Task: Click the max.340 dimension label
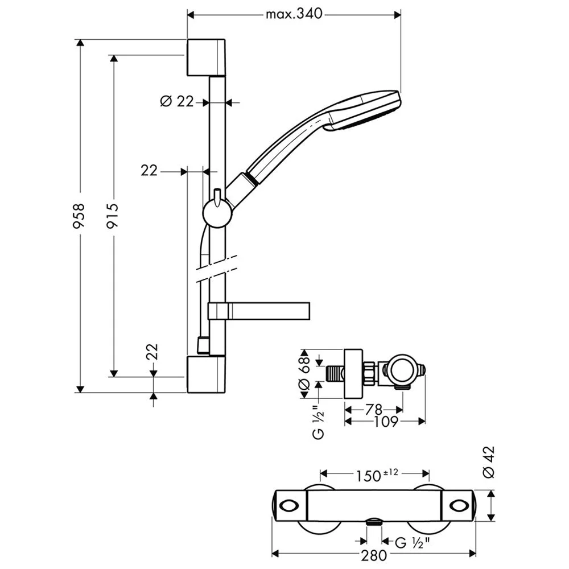(294, 14)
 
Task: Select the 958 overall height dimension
(80, 216)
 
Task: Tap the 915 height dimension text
(113, 216)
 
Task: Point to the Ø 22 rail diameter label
(177, 102)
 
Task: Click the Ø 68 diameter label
(305, 373)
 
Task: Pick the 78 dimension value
(374, 409)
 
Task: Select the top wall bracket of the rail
(206, 57)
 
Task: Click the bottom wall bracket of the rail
(206, 374)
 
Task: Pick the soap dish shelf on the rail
(259, 310)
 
